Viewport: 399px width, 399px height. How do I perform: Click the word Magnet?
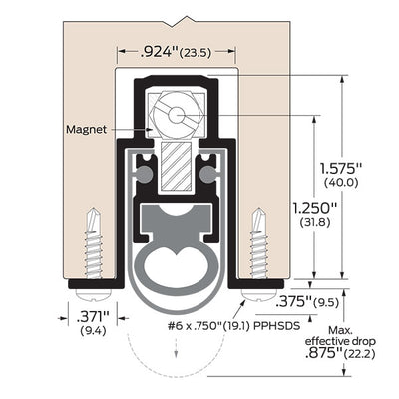(86, 129)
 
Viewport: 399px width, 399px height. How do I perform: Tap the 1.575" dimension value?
(340, 168)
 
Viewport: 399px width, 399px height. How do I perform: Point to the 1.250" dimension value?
(315, 209)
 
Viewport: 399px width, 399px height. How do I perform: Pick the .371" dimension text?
(93, 317)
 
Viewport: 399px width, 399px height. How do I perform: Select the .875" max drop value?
(323, 354)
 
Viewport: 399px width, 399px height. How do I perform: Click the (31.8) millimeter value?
(315, 222)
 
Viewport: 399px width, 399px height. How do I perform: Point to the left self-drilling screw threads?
(94, 254)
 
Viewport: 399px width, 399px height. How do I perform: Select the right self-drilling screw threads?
(259, 254)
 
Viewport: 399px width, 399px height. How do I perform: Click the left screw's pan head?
(94, 294)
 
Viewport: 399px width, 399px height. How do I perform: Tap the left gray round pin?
(145, 174)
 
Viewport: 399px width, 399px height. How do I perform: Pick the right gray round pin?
(208, 174)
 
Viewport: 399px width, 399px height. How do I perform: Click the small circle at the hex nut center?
(176, 115)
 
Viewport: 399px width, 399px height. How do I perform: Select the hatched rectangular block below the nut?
(176, 167)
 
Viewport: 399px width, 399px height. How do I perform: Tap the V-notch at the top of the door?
(176, 24)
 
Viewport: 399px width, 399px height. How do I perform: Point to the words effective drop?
(340, 341)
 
